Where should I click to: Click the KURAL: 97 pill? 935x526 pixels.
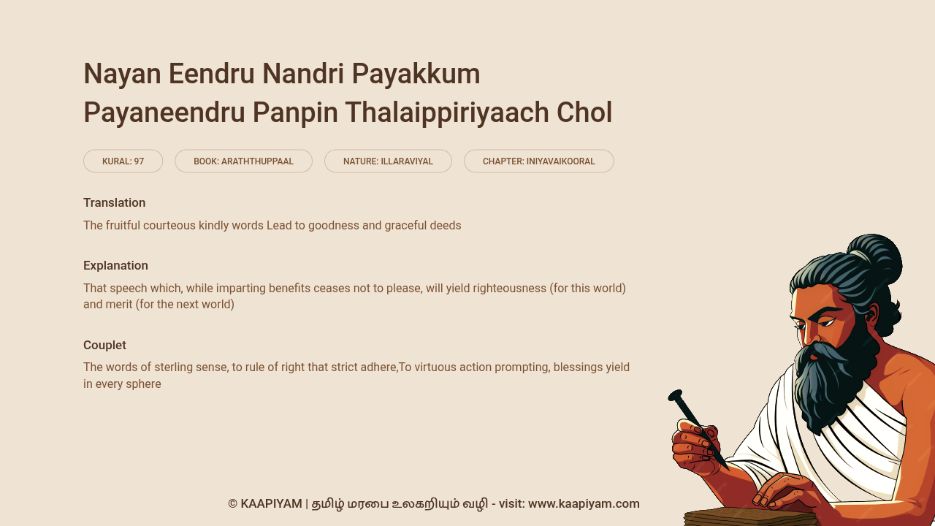click(x=123, y=161)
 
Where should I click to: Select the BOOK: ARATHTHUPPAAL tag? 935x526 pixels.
click(x=243, y=161)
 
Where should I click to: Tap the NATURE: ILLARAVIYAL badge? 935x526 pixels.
click(x=388, y=161)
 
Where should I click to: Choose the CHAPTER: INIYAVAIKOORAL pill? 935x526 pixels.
click(x=539, y=161)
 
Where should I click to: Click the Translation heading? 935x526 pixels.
click(x=115, y=203)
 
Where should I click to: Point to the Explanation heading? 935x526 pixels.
click(x=115, y=265)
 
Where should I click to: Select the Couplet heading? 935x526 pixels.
click(x=104, y=346)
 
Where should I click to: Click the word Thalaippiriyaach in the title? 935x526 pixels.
click(x=446, y=113)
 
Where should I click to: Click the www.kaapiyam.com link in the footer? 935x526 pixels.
click(x=584, y=504)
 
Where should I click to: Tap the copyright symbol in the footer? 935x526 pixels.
click(x=232, y=504)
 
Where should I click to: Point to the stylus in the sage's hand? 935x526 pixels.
click(x=698, y=430)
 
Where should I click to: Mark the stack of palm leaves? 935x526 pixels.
click(x=749, y=518)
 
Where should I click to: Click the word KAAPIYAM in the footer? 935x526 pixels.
click(x=271, y=504)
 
